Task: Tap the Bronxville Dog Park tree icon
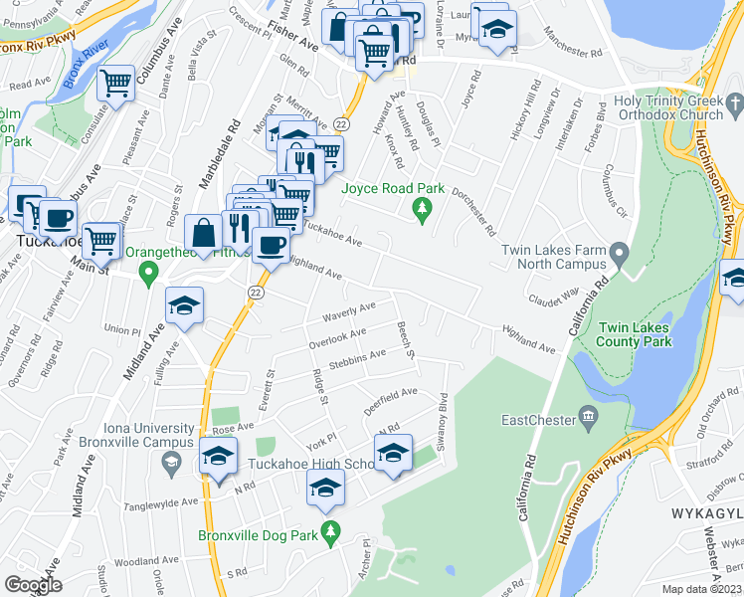pyautogui.click(x=331, y=531)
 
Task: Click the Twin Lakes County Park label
pyautogui.click(x=634, y=333)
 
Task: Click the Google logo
pyautogui.click(x=33, y=584)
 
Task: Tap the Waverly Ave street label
pyautogui.click(x=348, y=311)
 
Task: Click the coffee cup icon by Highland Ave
pyautogui.click(x=271, y=245)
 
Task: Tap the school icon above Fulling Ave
pyautogui.click(x=184, y=305)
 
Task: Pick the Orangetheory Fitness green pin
pyautogui.click(x=148, y=272)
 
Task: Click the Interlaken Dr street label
pyautogui.click(x=557, y=117)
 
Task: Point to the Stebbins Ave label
pyautogui.click(x=358, y=358)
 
